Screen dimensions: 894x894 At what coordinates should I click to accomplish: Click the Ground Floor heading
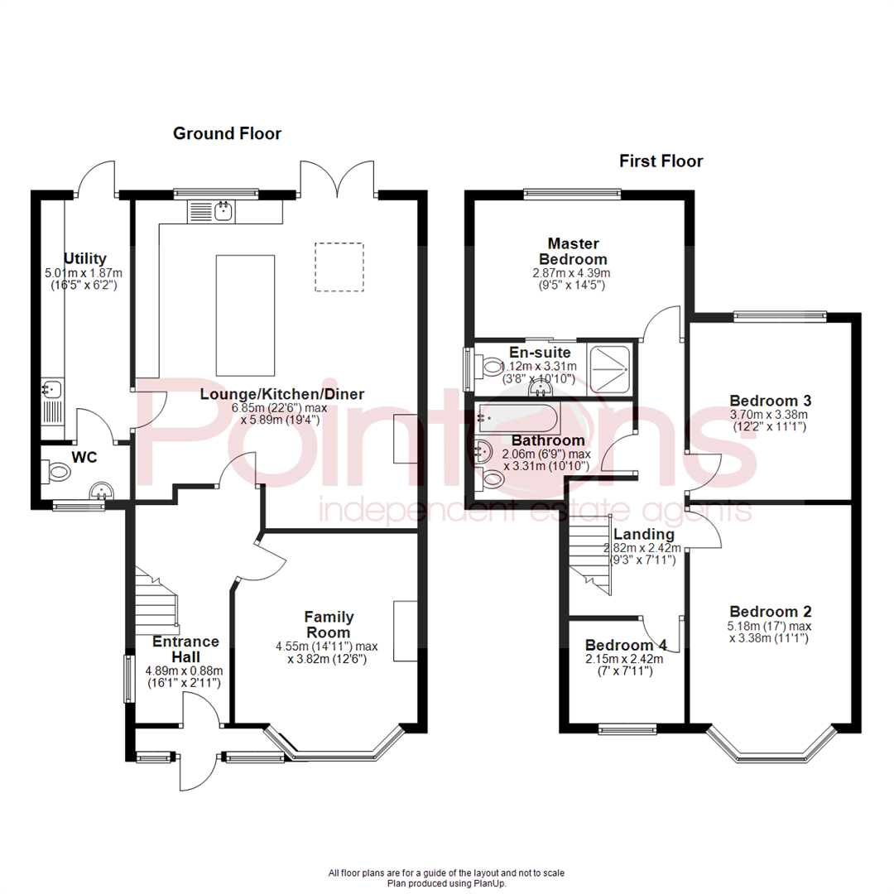227,133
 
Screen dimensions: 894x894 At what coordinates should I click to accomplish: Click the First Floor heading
661,161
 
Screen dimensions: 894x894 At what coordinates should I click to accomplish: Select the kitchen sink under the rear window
223,211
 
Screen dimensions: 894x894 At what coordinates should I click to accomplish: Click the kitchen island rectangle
245,315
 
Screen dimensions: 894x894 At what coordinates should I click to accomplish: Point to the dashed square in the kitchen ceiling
339,267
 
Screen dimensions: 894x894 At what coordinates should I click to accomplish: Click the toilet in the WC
57,473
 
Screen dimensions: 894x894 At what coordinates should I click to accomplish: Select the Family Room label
329,624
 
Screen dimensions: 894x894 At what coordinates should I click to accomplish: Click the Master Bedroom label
572,252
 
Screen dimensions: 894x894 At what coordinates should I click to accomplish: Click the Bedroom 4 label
626,646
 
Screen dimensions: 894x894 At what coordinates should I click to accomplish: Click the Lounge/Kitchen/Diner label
281,394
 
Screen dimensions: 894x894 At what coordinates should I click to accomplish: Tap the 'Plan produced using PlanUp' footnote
447,883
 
